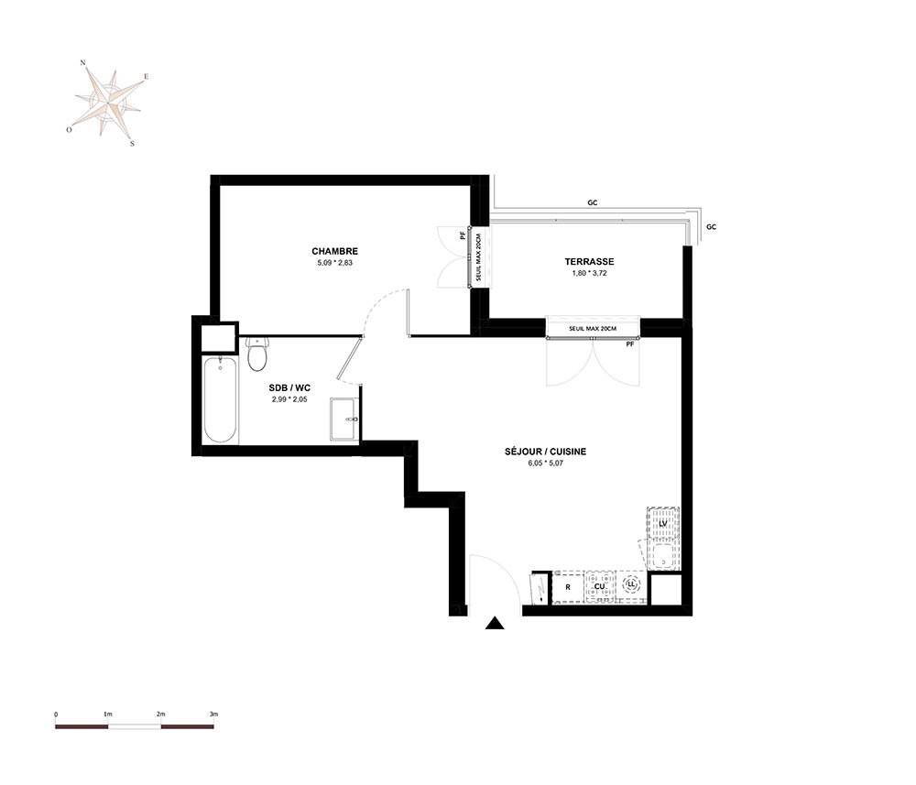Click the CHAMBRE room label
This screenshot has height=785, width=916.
pos(334,251)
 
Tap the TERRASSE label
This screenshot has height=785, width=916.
pos(589,262)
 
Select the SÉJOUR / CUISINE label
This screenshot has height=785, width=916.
pos(546,452)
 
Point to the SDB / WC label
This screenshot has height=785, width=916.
pos(289,387)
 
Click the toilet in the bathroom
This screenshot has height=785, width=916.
pos(257,354)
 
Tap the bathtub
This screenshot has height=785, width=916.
pos(220,399)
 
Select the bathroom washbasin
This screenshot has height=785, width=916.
pos(344,419)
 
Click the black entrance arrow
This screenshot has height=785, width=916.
pos(495,623)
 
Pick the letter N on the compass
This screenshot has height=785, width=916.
pos(83,62)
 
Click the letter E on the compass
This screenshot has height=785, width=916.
pos(146,77)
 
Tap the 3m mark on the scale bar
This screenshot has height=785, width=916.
pos(213,714)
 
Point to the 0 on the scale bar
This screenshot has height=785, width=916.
pos(56,714)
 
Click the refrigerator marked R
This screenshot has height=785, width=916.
pos(568,587)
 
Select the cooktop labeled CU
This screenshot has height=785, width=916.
pos(599,586)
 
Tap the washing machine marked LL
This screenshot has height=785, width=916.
pos(631,584)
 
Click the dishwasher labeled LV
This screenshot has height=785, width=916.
pos(663,523)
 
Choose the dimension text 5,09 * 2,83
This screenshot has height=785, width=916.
pos(334,263)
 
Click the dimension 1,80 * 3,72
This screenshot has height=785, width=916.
pos(589,273)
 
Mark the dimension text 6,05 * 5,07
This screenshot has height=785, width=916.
pos(546,463)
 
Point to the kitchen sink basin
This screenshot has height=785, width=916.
pos(663,557)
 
